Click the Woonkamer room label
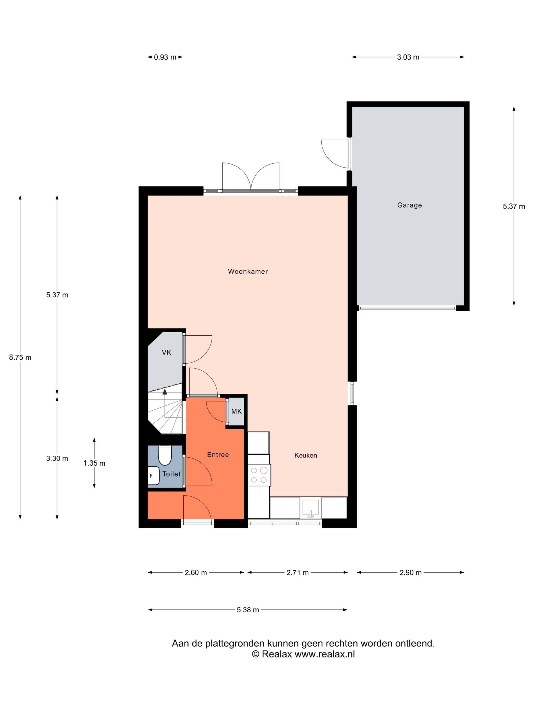(x=248, y=271)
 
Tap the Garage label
(x=409, y=205)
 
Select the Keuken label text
(x=305, y=455)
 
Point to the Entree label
(x=218, y=454)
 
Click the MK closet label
(x=236, y=411)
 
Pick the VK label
(x=166, y=352)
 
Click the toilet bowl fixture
(x=165, y=455)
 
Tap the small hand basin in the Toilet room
(x=154, y=476)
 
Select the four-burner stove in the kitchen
(x=259, y=475)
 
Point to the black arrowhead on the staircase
(x=165, y=391)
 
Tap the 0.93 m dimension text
(x=165, y=57)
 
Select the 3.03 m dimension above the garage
(x=408, y=57)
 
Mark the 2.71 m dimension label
(x=298, y=573)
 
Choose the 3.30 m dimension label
(x=57, y=458)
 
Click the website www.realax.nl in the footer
(x=325, y=654)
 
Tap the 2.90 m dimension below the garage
(x=410, y=573)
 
